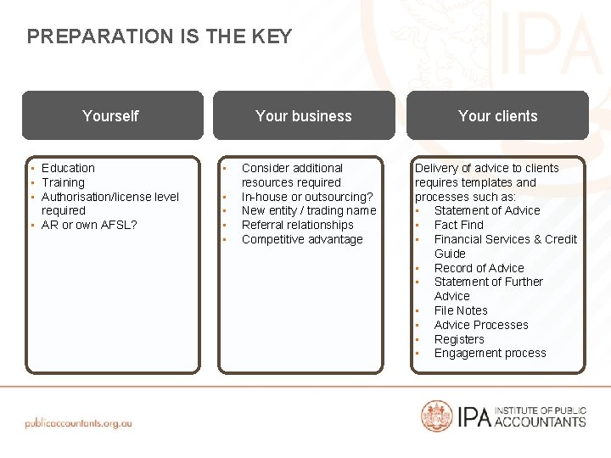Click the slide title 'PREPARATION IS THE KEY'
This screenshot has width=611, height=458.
coord(160,36)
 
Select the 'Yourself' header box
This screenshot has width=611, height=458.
coord(111,116)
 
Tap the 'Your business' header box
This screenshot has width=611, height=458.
coord(304,116)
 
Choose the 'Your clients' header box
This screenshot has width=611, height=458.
coord(497,116)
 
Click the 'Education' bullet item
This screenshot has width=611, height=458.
coord(68,168)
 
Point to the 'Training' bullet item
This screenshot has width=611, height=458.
coord(63,182)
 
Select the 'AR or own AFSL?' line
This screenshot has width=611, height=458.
coord(89,225)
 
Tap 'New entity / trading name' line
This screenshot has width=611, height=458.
coord(308,210)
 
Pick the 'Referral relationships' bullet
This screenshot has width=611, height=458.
coord(297,225)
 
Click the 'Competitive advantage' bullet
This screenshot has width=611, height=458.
coord(301,239)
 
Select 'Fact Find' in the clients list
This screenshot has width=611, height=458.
coord(458,225)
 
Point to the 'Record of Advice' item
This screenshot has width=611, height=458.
coord(479,268)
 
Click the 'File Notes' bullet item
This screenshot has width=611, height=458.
coord(461,310)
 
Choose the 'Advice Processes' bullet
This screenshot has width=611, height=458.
coord(481,325)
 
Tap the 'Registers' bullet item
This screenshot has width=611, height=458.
coord(459,339)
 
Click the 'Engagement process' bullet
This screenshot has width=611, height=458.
coord(490,353)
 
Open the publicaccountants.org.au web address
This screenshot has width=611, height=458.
coord(78,422)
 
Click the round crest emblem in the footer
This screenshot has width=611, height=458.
coord(437,416)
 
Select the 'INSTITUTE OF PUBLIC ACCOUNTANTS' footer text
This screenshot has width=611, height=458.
coord(540,416)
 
